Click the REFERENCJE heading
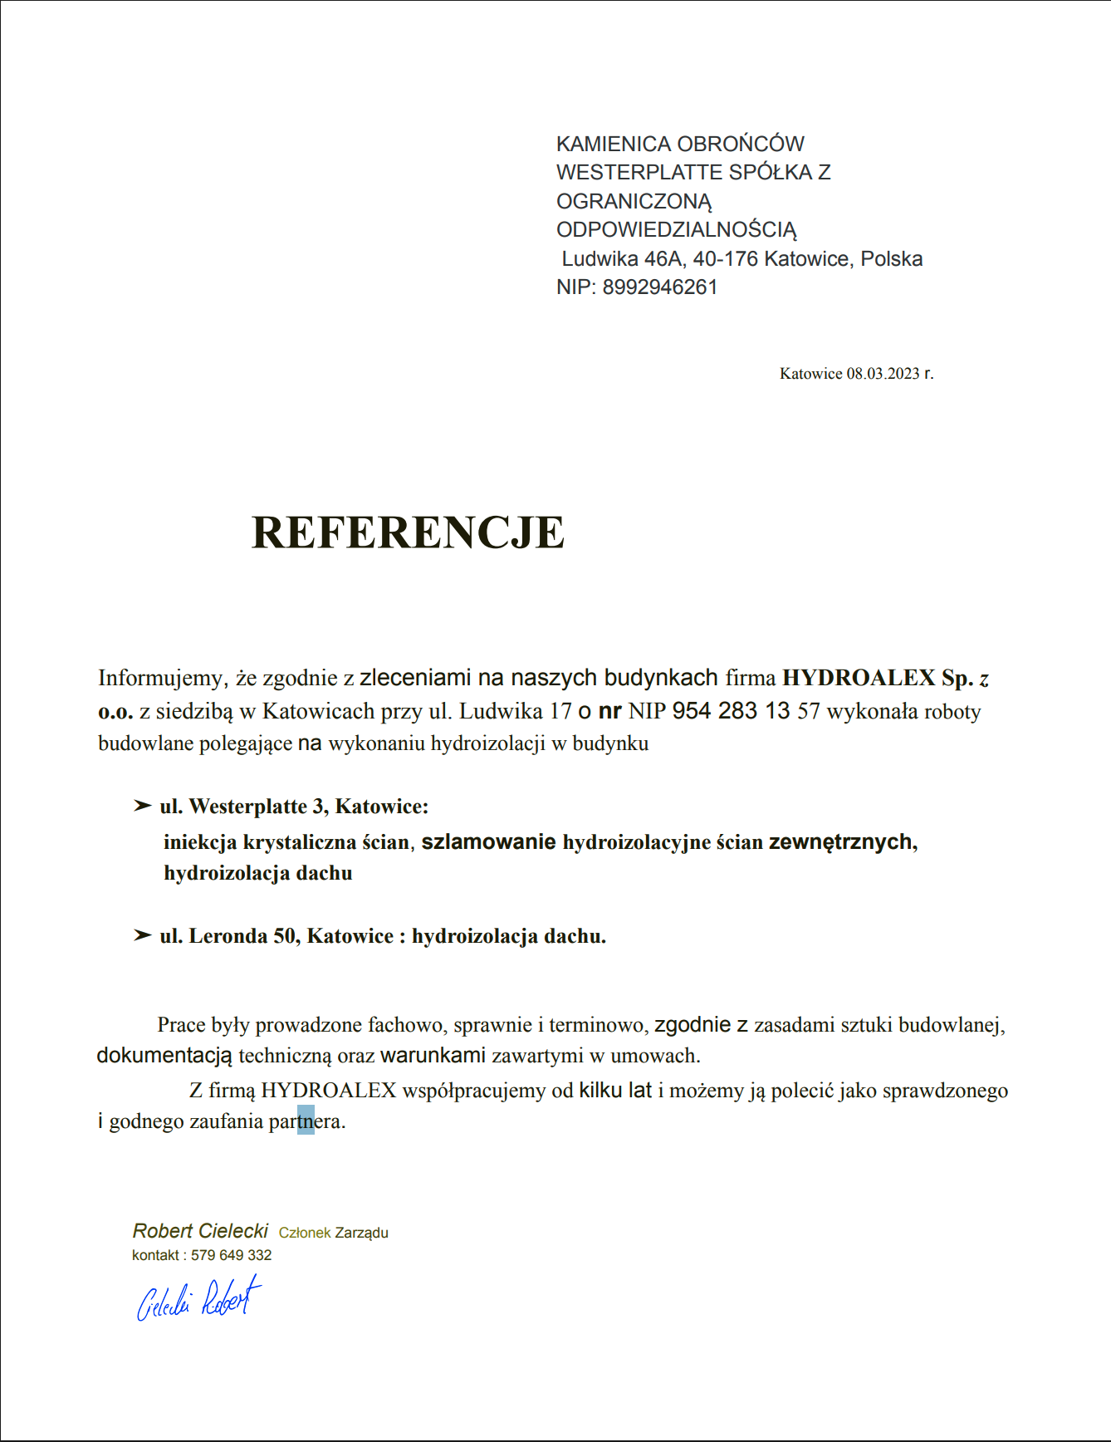click(408, 532)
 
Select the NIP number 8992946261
click(659, 287)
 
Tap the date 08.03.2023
click(883, 374)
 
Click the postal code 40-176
click(725, 259)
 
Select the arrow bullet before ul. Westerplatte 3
click(142, 806)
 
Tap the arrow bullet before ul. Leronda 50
click(142, 935)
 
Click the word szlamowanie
click(488, 842)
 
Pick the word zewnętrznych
click(840, 842)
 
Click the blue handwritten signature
click(199, 1299)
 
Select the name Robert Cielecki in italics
click(200, 1231)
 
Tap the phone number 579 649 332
click(231, 1255)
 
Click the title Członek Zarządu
click(333, 1233)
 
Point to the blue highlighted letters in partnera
click(306, 1121)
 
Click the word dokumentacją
click(164, 1056)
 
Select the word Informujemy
click(161, 678)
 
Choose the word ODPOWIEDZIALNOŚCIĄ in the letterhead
click(676, 230)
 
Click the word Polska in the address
click(891, 259)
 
